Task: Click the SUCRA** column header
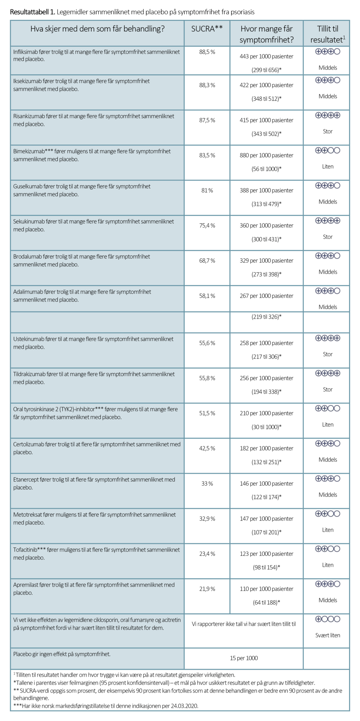click(207, 29)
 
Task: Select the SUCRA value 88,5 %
click(207, 52)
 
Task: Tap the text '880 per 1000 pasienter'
click(266, 155)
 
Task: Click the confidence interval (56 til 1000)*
click(266, 169)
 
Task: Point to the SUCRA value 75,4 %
click(207, 226)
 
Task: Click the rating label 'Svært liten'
click(328, 635)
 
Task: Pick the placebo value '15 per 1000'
click(244, 658)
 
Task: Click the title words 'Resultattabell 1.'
click(32, 12)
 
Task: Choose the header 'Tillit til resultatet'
click(327, 34)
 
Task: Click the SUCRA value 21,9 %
click(207, 589)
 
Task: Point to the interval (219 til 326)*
click(266, 317)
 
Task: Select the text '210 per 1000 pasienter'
click(266, 413)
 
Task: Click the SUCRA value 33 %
click(207, 483)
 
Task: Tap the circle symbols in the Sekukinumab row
click(328, 221)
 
